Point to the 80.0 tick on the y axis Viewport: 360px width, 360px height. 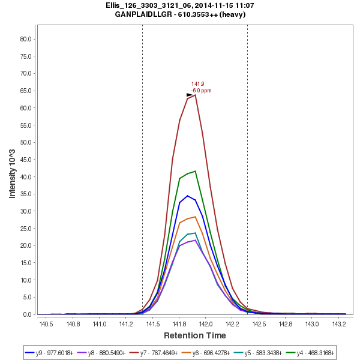point(26,39)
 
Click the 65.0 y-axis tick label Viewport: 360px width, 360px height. point(26,91)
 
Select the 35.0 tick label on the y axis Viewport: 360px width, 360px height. point(26,194)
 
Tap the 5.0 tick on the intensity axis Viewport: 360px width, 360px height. point(28,297)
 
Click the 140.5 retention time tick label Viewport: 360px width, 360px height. point(46,324)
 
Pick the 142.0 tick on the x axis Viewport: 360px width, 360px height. point(206,324)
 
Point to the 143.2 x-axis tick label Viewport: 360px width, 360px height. point(339,324)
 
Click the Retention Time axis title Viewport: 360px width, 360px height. point(195,335)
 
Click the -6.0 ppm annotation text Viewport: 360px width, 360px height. point(202,91)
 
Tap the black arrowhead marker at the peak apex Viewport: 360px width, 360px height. point(190,95)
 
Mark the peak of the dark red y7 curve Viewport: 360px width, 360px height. point(195,95)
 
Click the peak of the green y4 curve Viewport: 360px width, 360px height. point(195,171)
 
